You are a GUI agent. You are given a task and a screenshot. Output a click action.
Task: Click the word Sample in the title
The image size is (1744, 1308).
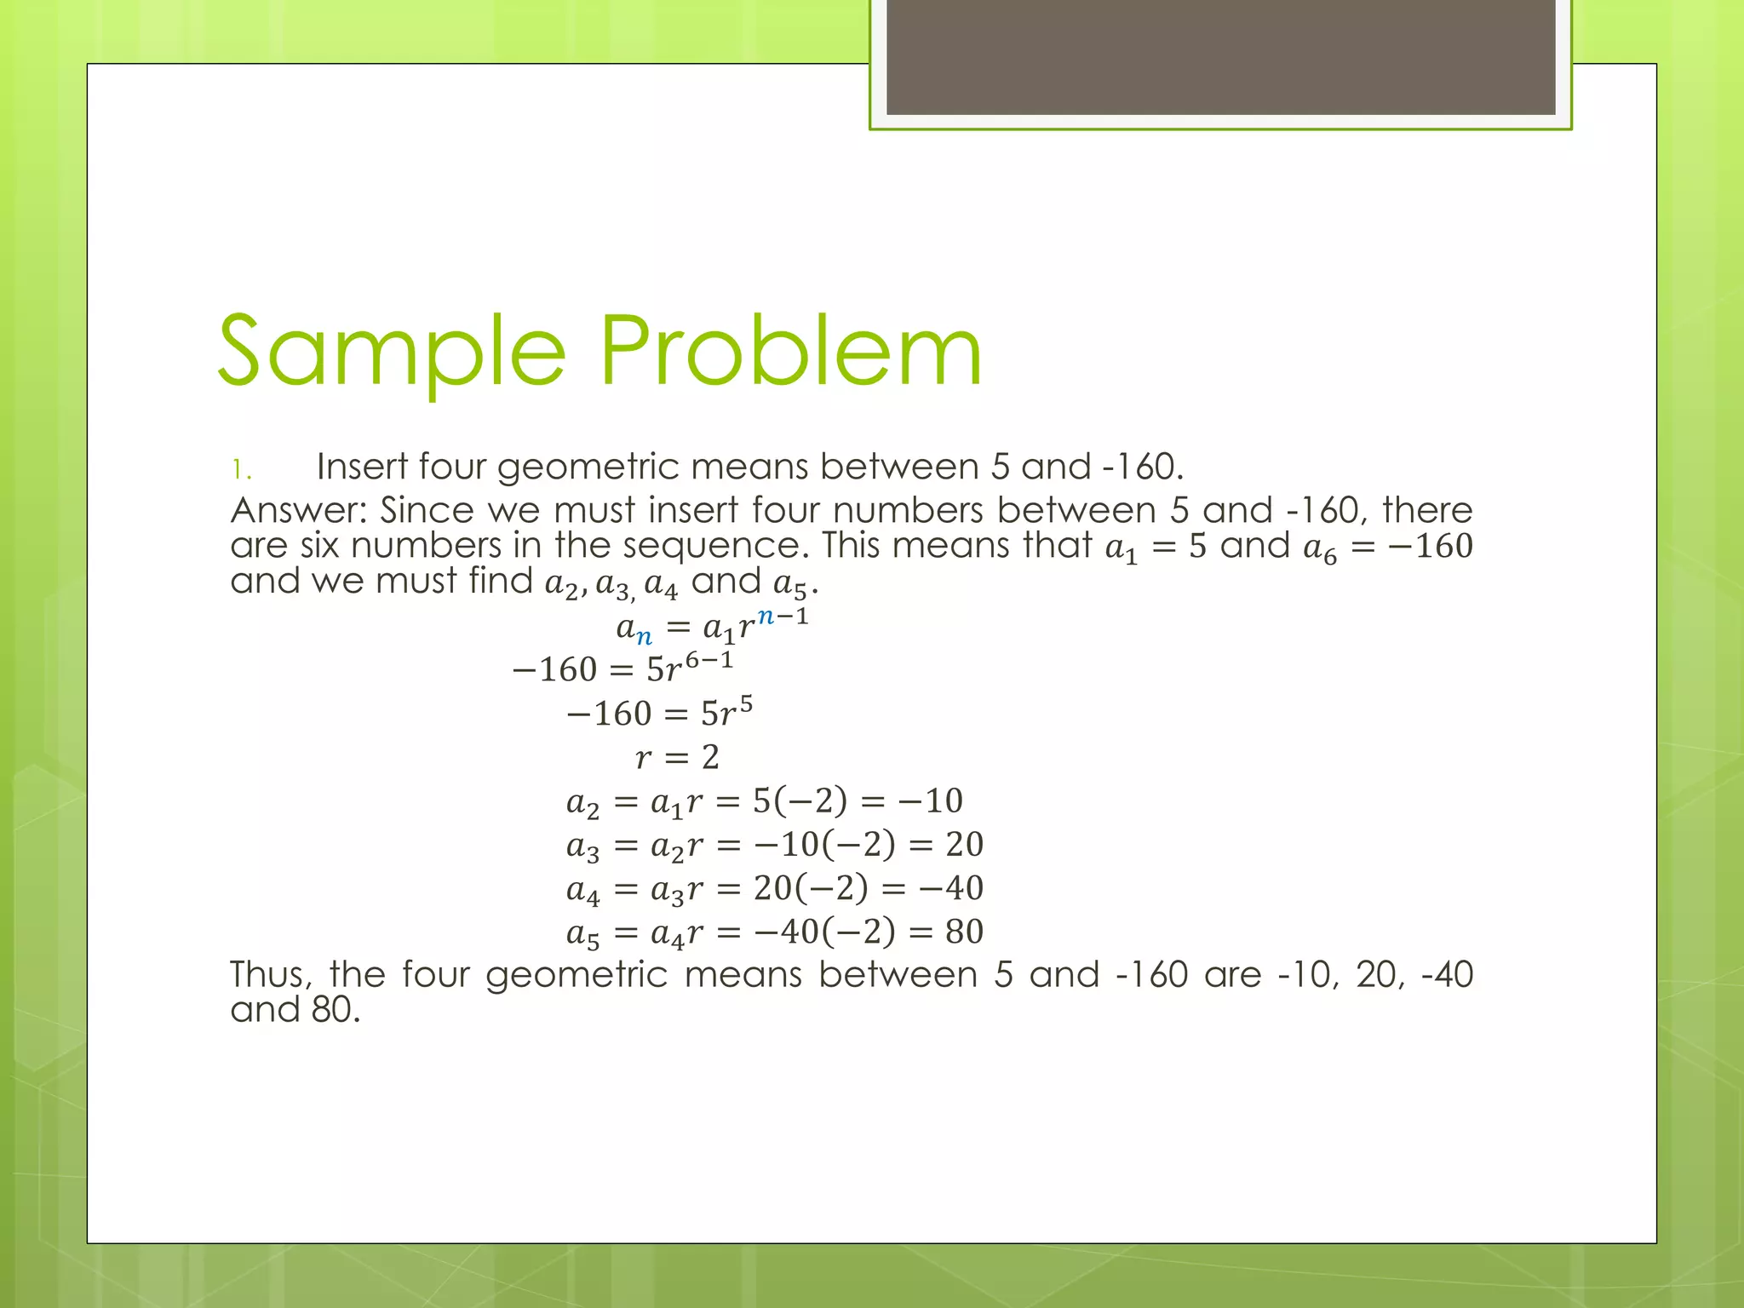pos(392,351)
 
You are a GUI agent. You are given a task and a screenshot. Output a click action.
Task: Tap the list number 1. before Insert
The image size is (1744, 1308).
pos(242,469)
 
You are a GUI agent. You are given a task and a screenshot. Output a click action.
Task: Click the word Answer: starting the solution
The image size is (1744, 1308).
pos(298,510)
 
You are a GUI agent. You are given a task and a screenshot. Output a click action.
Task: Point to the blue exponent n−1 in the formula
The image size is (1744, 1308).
pos(782,616)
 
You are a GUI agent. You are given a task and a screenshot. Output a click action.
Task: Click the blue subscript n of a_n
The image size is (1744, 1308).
pos(645,636)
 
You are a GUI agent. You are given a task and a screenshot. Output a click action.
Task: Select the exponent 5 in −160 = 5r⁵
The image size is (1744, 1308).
pos(745,703)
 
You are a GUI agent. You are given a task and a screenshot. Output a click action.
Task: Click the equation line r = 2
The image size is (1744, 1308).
pos(677,757)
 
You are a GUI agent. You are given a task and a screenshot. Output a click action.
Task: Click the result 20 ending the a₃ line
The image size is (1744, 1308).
pos(964,844)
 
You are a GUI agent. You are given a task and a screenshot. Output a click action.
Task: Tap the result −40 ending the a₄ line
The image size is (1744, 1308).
pos(951,888)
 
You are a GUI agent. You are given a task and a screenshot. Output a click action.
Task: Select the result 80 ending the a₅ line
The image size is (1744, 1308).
pos(964,932)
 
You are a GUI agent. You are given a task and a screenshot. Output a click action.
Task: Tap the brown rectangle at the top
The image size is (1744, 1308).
pos(1220,57)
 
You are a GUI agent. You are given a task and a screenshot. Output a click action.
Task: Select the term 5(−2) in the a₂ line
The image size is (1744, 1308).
pos(800,800)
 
